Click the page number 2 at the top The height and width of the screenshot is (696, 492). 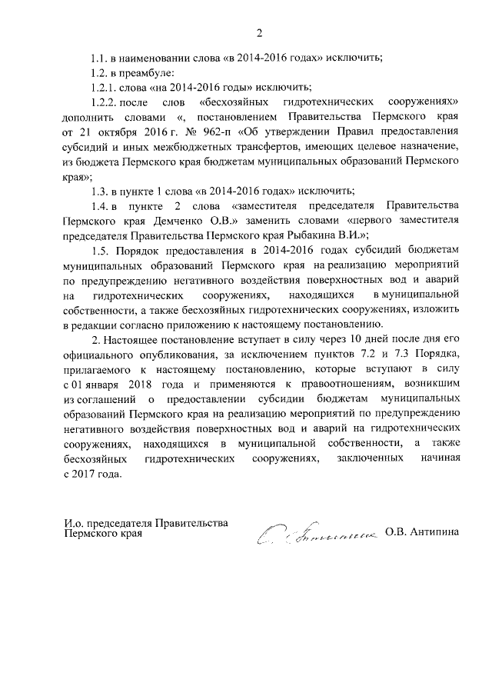259,32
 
